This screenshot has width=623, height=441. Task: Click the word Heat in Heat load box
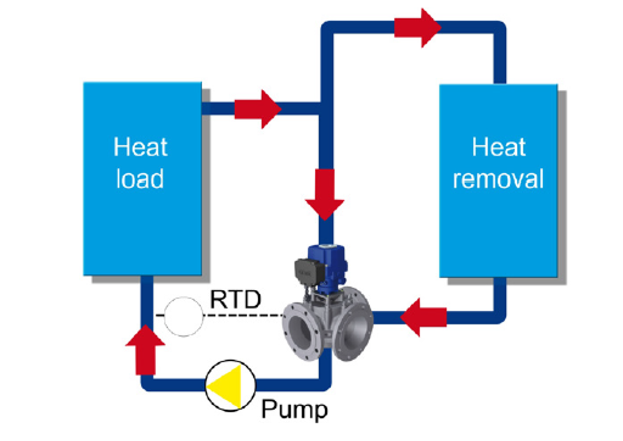click(140, 147)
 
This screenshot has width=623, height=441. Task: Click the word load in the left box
click(140, 179)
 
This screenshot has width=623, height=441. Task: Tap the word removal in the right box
click(498, 179)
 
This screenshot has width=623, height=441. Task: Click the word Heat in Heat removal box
click(499, 147)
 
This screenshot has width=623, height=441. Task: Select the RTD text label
click(235, 299)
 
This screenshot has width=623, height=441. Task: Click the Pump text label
click(294, 409)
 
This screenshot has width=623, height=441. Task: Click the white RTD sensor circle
click(183, 316)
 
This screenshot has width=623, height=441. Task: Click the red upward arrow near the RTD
click(145, 350)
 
